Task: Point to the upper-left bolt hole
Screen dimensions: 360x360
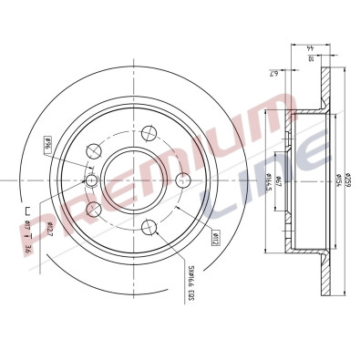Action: pyautogui.click(x=91, y=151)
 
